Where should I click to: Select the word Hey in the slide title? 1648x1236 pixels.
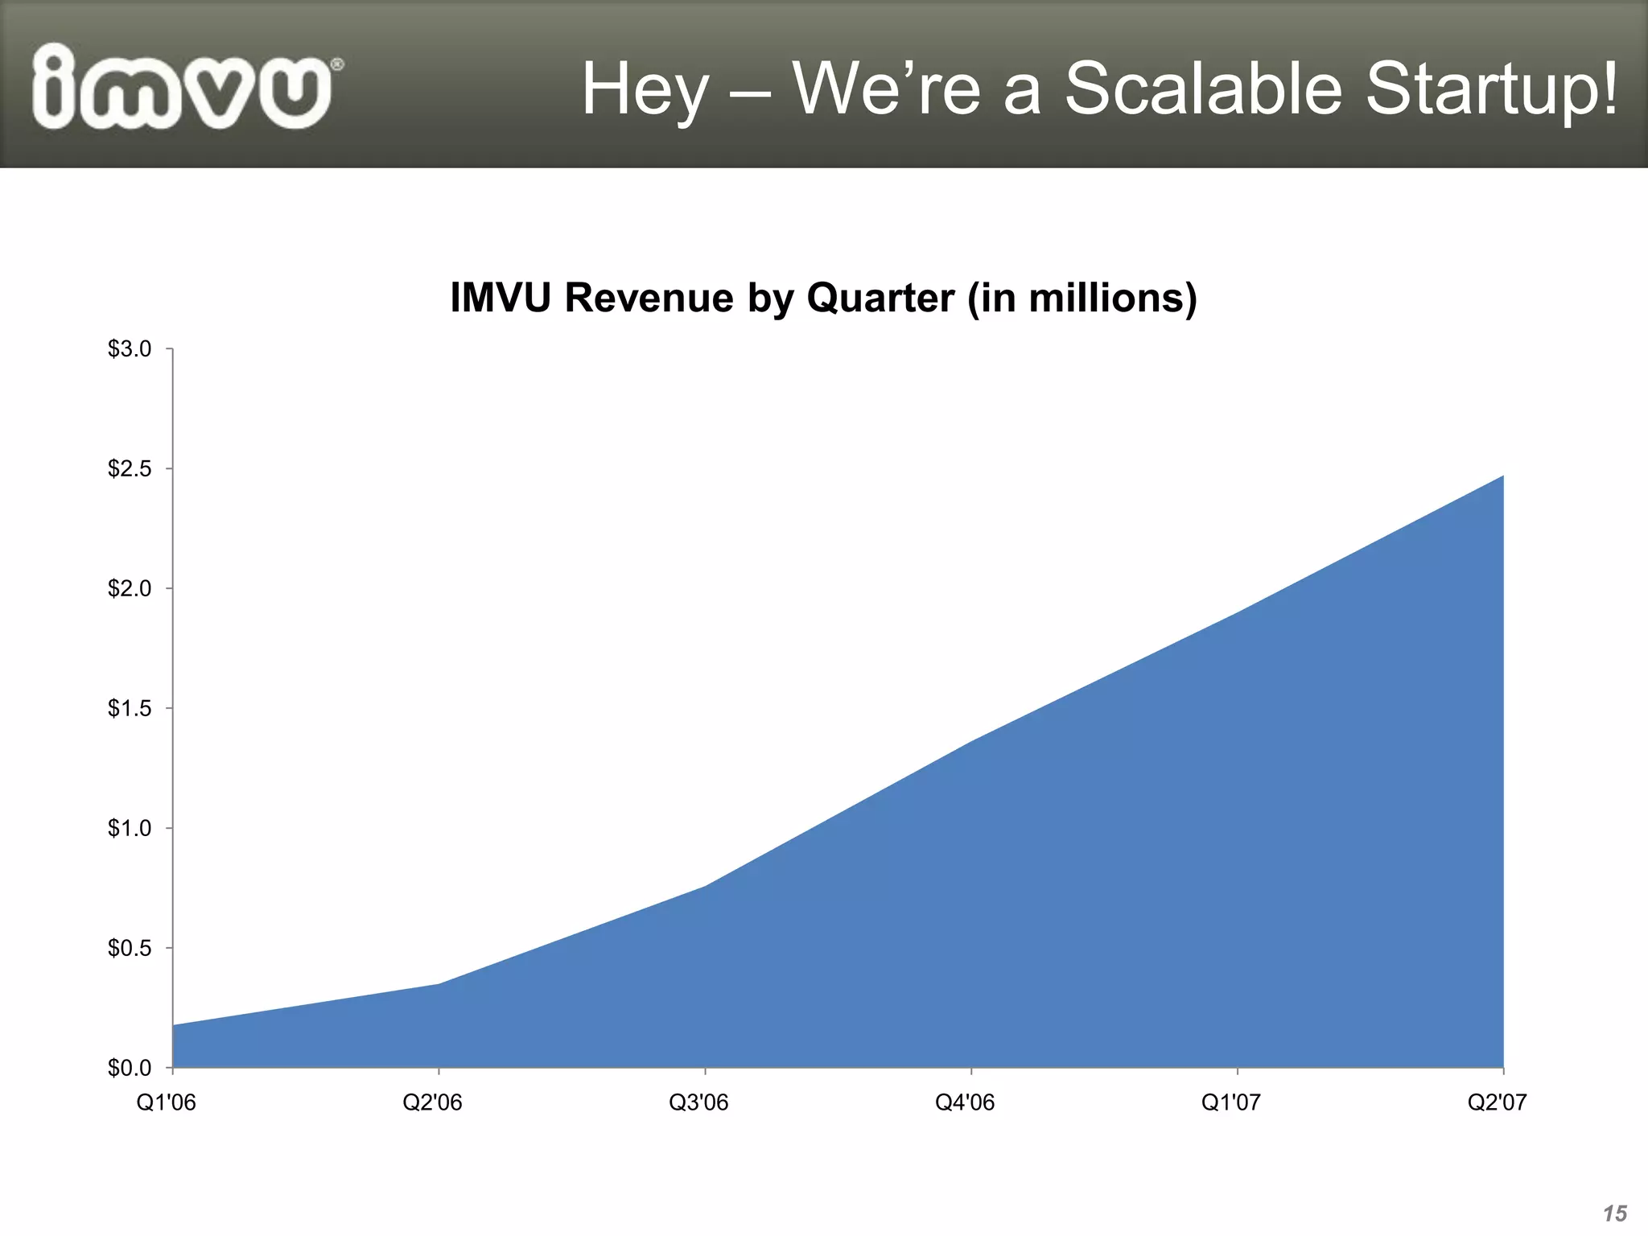645,90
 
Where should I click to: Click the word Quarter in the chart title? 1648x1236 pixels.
880,298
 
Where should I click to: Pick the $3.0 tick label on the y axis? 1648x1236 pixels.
130,349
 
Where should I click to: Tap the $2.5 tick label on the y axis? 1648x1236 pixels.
130,469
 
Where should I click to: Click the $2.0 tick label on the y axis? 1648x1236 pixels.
130,589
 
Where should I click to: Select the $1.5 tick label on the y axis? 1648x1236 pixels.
130,709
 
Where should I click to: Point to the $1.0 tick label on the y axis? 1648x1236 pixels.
130,829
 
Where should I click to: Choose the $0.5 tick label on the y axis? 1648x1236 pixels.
130,949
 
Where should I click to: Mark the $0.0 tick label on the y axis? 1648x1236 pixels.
130,1069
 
